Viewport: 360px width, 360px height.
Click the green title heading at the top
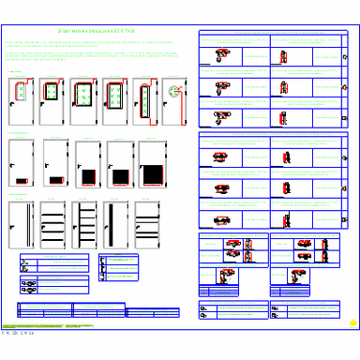pyautogui.click(x=110, y=32)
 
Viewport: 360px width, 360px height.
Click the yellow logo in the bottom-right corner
pyautogui.click(x=352, y=325)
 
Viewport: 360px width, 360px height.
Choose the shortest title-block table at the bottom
pyautogui.click(x=152, y=311)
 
